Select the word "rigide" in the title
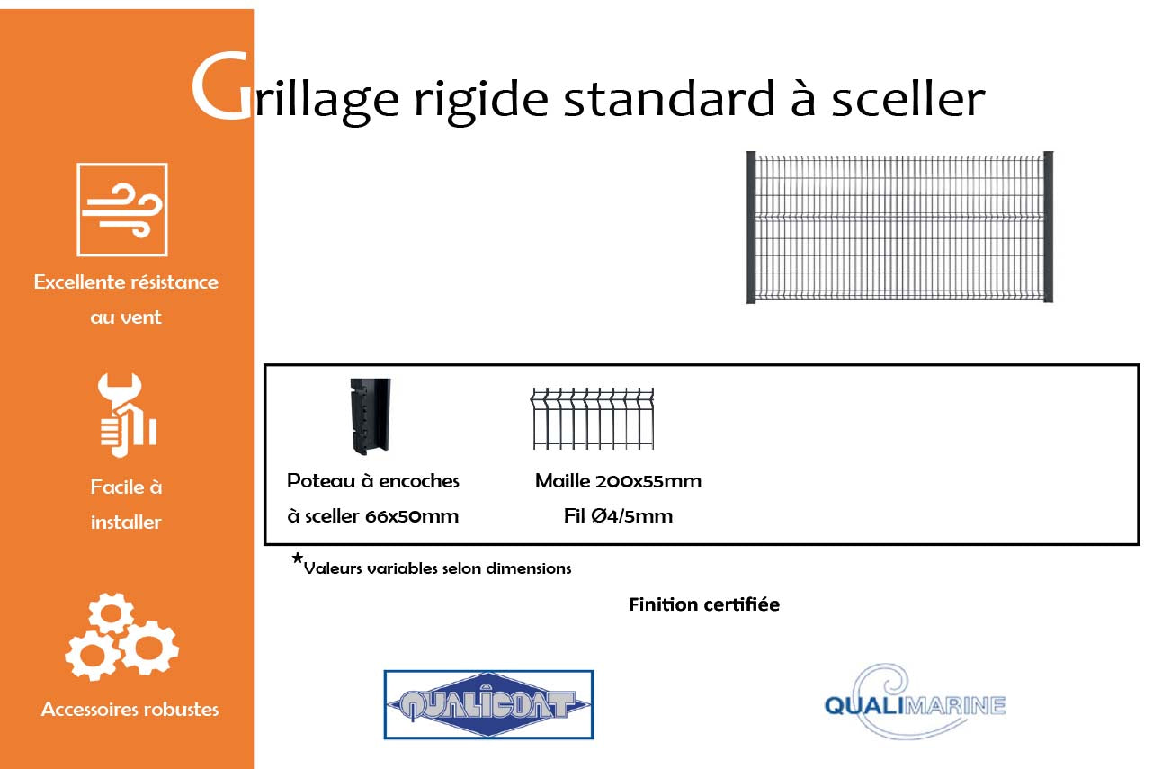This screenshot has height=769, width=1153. [x=481, y=100]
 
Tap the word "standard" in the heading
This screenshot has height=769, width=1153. [x=669, y=98]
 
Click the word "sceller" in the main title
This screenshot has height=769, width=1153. [x=908, y=98]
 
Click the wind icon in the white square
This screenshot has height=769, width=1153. [x=122, y=210]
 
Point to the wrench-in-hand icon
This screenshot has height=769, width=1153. [x=127, y=416]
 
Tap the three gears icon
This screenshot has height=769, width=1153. [x=122, y=637]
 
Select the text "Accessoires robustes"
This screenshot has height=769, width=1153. [x=130, y=709]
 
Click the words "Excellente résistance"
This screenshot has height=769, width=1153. [x=126, y=282]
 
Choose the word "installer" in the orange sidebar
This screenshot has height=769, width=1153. [x=126, y=523]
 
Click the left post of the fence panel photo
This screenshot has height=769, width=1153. [x=751, y=227]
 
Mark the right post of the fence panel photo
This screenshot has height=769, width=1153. [x=1049, y=227]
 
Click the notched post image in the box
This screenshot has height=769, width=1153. [x=370, y=416]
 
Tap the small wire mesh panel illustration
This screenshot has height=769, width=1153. [x=592, y=418]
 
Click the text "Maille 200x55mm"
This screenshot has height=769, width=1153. [x=618, y=481]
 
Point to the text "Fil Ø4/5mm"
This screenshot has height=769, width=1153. [x=618, y=515]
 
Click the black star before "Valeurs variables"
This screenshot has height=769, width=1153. [x=297, y=558]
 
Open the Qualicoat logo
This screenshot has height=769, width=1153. [x=489, y=704]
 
